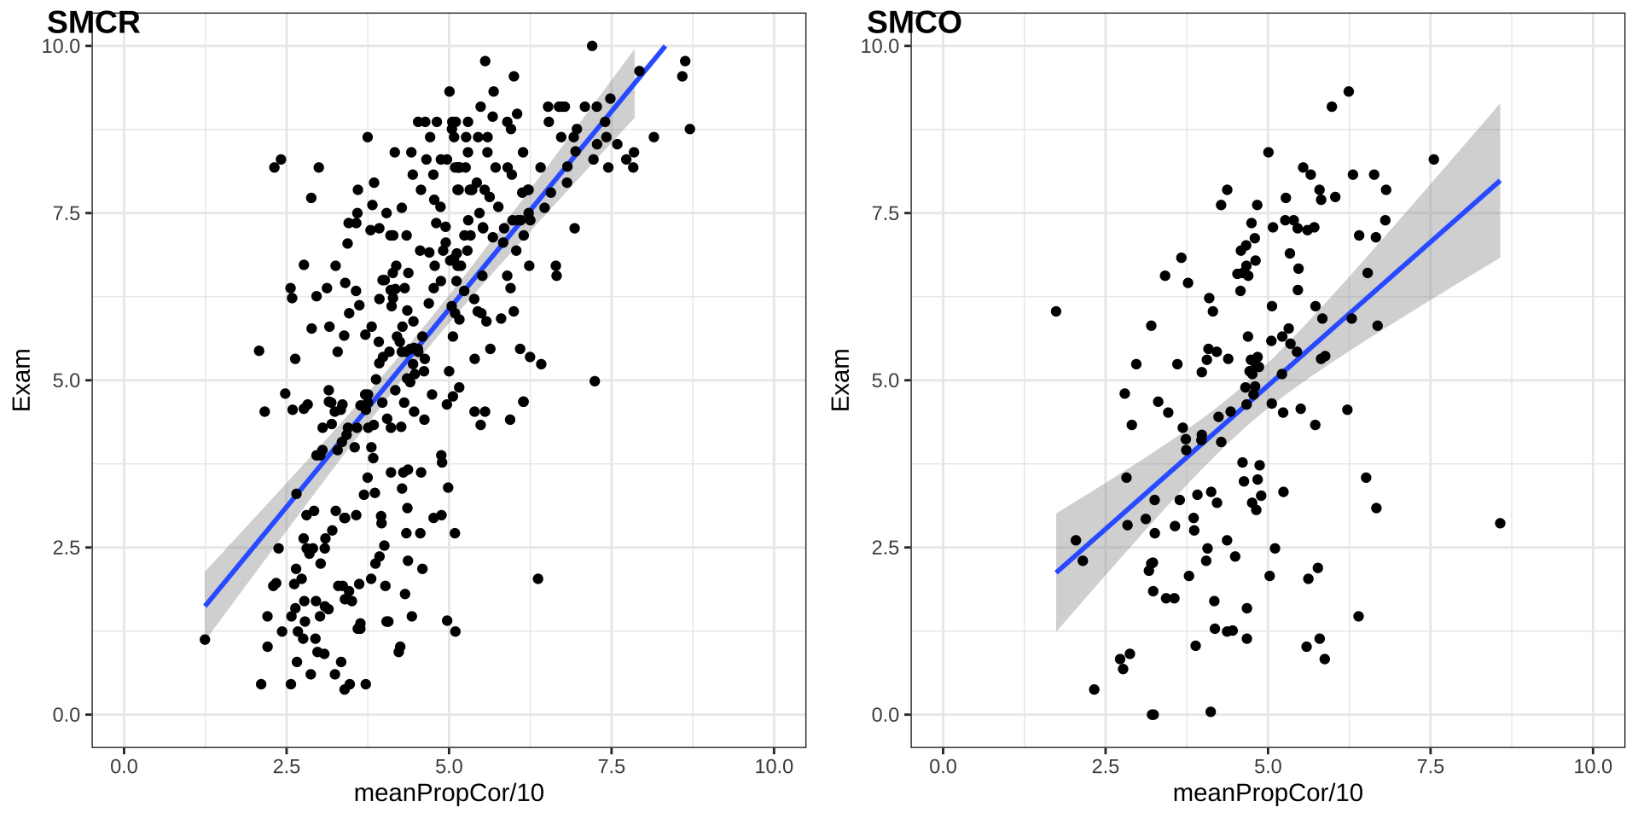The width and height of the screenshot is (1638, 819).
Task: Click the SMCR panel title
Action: click(x=93, y=23)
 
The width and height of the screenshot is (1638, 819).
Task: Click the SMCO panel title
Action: click(x=914, y=23)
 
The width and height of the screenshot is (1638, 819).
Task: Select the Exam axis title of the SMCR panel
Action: click(x=21, y=380)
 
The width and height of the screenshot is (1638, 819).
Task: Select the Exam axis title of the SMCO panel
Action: click(x=840, y=380)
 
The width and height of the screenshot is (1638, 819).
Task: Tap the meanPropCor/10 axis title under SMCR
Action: click(x=449, y=793)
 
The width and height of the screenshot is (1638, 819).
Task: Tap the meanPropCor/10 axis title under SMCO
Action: click(x=1268, y=793)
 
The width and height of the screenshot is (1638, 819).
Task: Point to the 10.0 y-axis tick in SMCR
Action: click(x=61, y=46)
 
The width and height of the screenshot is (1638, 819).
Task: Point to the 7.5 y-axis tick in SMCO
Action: click(x=886, y=213)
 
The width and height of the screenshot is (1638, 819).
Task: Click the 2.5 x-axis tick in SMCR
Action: click(x=287, y=767)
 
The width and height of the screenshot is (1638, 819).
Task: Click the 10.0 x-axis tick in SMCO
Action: click(x=1593, y=767)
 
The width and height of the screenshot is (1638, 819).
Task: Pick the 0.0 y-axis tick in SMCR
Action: click(x=67, y=715)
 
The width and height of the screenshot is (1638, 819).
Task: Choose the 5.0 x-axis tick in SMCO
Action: click(x=1268, y=767)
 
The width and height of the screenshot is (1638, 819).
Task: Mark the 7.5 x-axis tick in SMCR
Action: click(x=612, y=767)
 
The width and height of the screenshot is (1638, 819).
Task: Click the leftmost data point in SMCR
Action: click(x=205, y=640)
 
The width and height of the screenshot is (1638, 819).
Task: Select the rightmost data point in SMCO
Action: click(x=1500, y=524)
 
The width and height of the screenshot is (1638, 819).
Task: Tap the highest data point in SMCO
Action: click(x=1349, y=91)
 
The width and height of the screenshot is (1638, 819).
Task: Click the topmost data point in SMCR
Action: click(x=592, y=46)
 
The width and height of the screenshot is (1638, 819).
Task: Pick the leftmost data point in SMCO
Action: click(x=1056, y=311)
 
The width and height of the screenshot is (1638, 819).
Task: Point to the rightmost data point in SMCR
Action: click(x=689, y=129)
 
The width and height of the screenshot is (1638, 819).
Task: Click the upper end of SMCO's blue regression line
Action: click(x=1500, y=181)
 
